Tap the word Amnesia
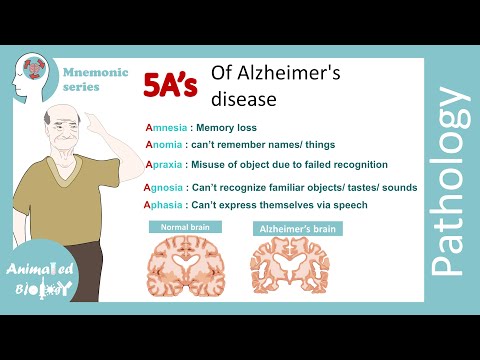tap(166, 128)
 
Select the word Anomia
tap(165, 145)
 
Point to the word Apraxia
tap(166, 164)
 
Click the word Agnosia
tap(166, 187)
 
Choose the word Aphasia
tap(166, 205)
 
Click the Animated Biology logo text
tap(39, 280)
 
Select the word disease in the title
tap(241, 99)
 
